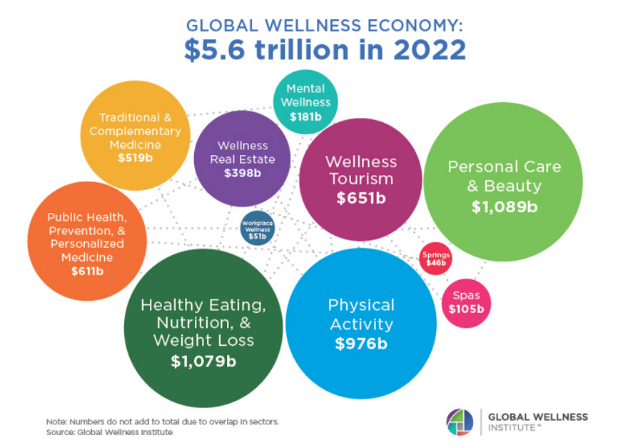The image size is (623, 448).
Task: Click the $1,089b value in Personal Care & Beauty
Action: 504,207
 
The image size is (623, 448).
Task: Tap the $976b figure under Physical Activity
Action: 360,344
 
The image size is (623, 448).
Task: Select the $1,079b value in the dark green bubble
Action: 203,361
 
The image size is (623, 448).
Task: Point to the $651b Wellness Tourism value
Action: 360,198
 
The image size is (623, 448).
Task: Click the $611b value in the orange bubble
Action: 87,271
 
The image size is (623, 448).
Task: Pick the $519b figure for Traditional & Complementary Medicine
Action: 135,157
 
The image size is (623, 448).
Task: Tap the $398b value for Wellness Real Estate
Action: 242,173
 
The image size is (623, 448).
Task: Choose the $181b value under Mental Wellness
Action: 305,116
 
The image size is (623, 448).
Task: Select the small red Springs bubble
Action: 435,259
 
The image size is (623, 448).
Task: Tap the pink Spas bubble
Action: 466,302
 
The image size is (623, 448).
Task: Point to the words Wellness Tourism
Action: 360,170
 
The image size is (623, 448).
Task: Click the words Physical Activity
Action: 360,314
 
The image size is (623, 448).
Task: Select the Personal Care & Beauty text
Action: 504,176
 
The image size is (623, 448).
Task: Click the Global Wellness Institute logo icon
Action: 460,421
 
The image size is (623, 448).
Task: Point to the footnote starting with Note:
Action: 162,422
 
